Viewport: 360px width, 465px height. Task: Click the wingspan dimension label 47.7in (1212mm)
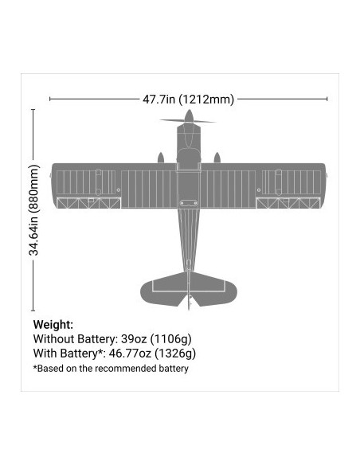click(188, 99)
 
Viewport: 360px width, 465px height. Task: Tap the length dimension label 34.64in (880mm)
click(33, 210)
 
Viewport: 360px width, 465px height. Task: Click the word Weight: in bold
click(53, 325)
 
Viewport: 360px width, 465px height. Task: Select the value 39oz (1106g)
click(156, 339)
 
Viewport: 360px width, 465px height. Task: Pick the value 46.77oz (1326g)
click(152, 354)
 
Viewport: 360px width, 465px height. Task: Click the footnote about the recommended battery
click(111, 369)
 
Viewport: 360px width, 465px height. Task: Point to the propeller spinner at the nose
click(189, 115)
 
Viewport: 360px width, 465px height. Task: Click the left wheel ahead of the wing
click(161, 158)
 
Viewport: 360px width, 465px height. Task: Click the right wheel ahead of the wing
click(217, 158)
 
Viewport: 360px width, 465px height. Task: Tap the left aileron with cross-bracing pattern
click(88, 203)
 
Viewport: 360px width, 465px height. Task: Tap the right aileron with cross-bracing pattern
click(288, 203)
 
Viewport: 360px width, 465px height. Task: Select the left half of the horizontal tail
click(164, 289)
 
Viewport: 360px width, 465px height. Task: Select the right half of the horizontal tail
click(213, 289)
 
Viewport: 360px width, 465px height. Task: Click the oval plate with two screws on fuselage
click(189, 203)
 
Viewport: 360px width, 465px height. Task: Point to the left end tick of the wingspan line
click(50, 99)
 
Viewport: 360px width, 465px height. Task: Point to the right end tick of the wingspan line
click(327, 99)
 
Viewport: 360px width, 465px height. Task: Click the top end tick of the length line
click(33, 110)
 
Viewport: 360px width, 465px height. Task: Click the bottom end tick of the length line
click(33, 311)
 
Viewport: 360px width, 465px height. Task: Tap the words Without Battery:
click(76, 339)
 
